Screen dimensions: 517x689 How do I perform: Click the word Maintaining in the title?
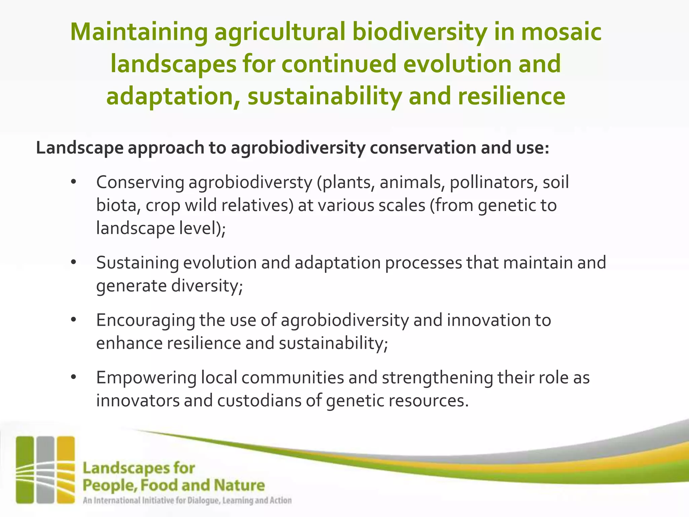coord(139,33)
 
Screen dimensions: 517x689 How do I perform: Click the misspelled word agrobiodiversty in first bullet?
coord(250,183)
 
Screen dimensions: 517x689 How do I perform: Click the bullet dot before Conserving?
coord(74,183)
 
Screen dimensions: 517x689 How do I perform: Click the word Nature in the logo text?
coord(239,485)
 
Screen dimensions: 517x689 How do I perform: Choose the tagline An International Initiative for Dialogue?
coord(187,501)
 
